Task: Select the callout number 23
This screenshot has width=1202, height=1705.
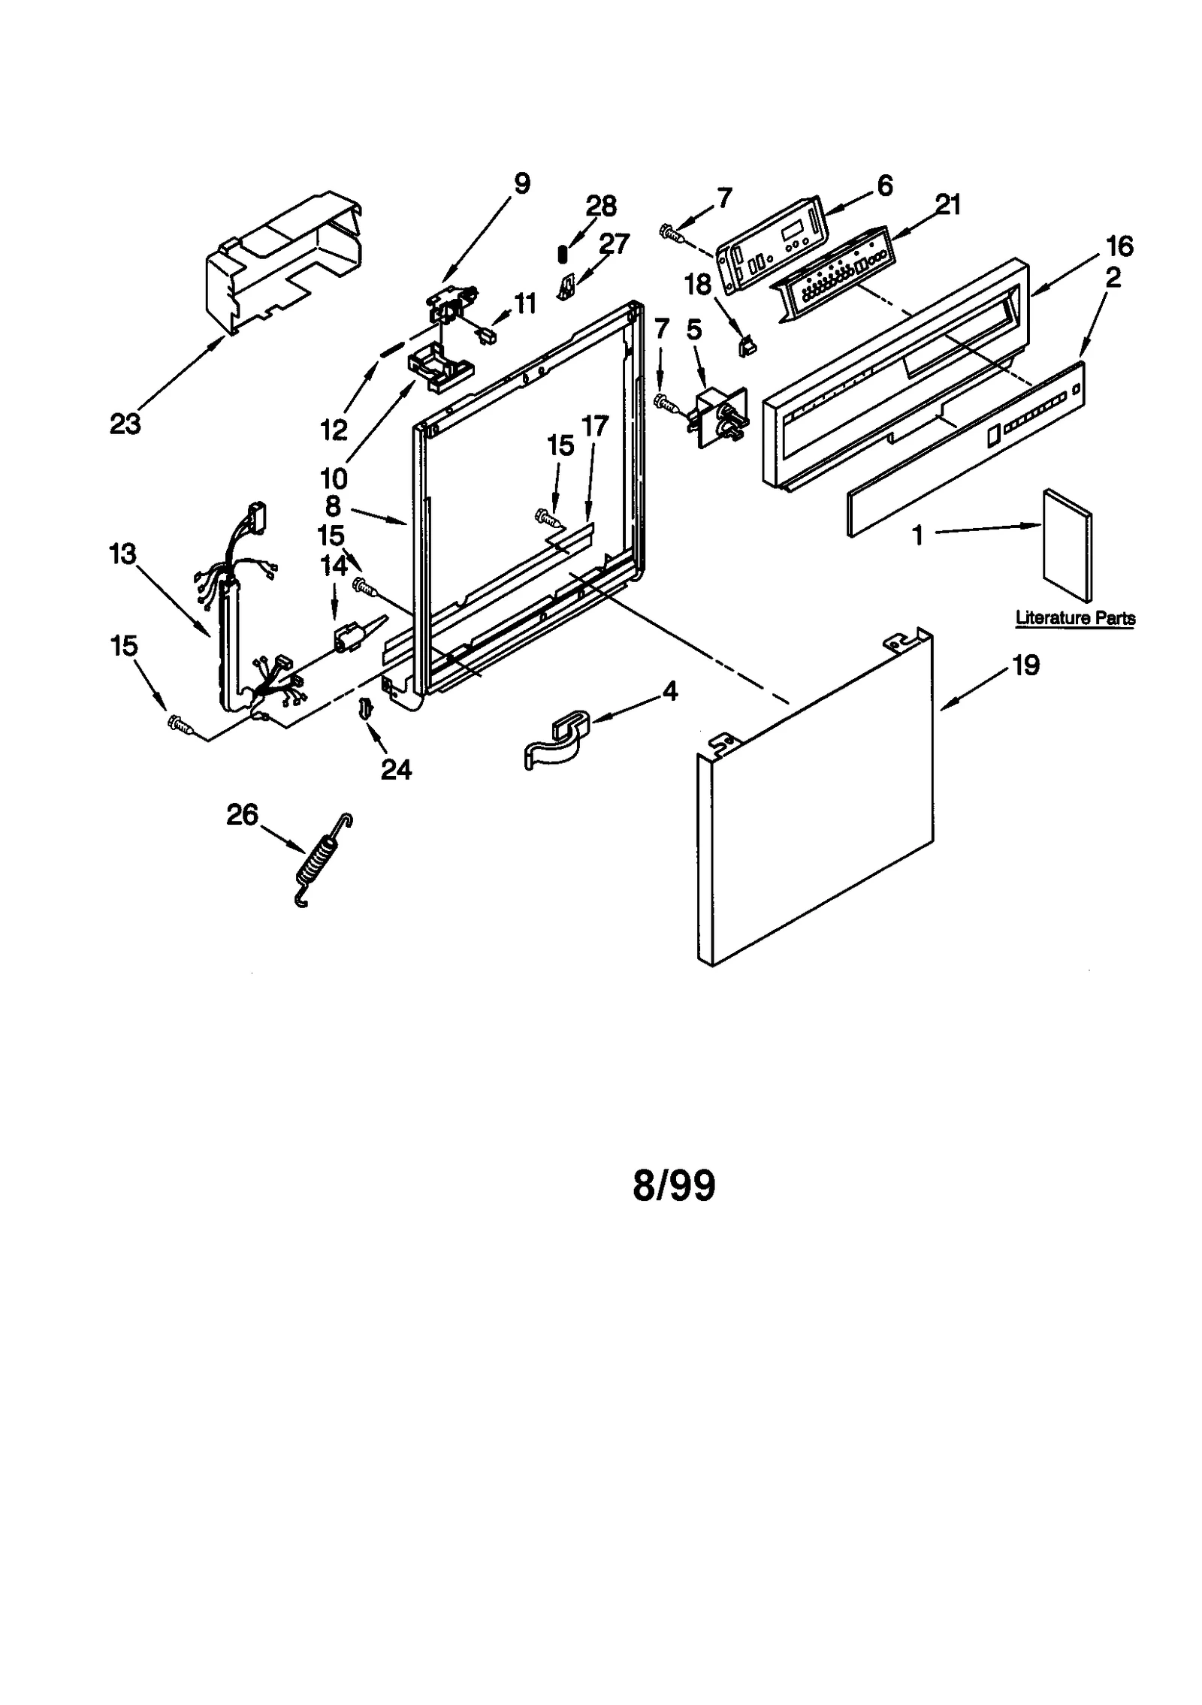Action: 125,424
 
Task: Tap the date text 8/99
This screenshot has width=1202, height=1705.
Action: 673,1184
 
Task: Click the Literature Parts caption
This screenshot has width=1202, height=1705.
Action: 1074,618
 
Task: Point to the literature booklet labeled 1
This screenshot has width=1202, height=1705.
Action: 1067,545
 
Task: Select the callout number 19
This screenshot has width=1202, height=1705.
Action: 1026,665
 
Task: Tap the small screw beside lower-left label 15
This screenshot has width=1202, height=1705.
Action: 182,724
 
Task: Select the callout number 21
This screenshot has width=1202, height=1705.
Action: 948,204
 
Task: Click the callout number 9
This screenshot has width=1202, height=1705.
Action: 521,183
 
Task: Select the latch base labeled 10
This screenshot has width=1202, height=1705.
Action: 439,365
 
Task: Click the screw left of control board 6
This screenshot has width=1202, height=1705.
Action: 671,233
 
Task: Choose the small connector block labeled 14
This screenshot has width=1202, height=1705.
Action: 348,638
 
